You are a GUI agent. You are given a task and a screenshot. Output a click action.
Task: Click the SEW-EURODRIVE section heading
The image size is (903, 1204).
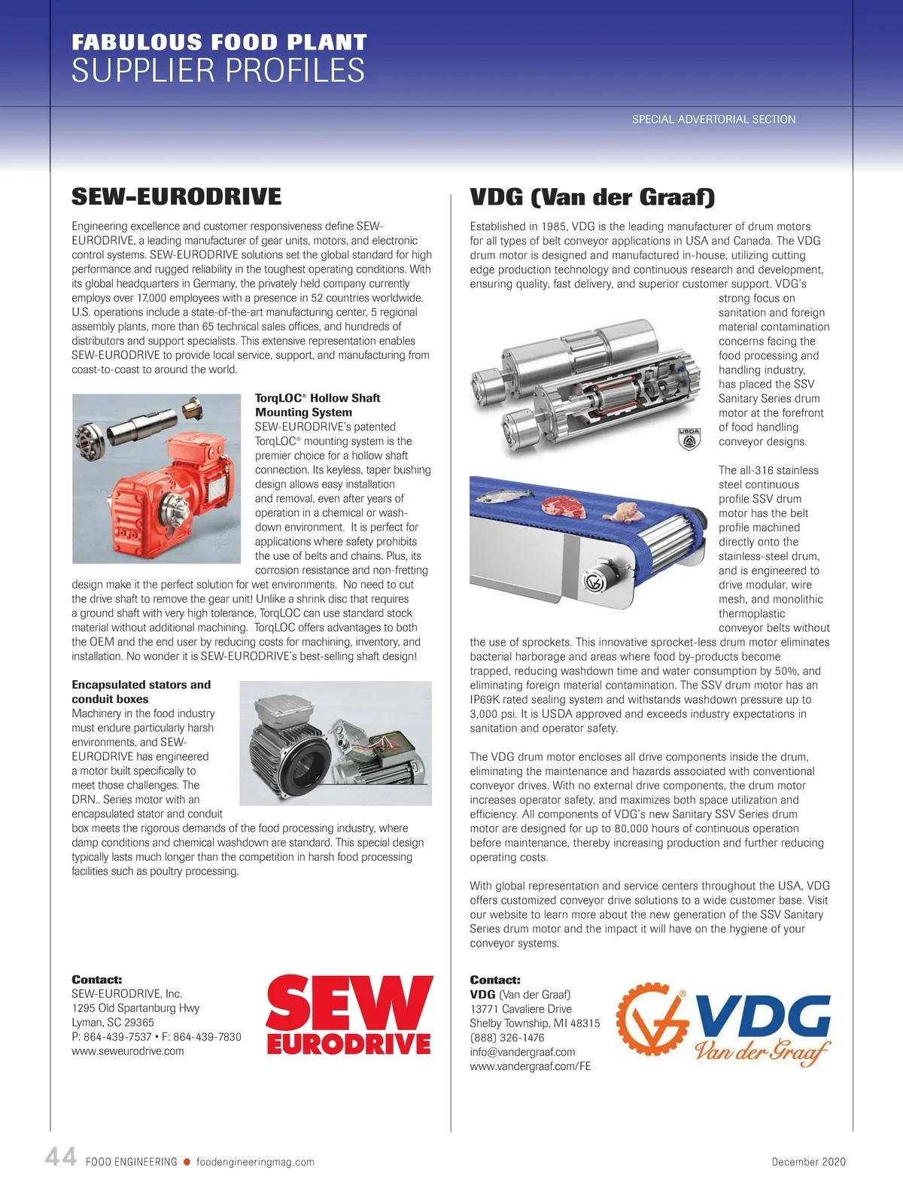tap(176, 197)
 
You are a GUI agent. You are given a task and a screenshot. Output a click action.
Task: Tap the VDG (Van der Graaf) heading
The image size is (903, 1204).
tap(592, 197)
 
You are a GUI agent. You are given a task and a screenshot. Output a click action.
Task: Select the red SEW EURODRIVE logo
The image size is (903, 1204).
tap(349, 1014)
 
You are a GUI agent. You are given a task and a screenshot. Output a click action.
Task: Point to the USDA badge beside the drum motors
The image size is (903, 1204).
tap(689, 439)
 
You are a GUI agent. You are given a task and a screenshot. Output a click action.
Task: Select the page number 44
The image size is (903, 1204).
tap(61, 1157)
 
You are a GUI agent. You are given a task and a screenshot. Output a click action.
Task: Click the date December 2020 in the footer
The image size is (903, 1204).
tap(808, 1162)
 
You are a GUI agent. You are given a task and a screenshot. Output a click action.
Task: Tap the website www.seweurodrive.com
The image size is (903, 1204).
tap(128, 1051)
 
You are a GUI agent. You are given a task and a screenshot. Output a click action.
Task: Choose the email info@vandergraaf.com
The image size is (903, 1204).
tap(522, 1052)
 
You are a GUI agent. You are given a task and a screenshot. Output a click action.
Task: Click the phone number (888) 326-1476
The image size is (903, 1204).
tap(506, 1038)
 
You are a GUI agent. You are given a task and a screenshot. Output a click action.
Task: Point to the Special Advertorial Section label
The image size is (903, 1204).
tap(713, 119)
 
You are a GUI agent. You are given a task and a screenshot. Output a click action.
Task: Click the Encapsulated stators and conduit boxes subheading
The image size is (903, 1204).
tap(141, 692)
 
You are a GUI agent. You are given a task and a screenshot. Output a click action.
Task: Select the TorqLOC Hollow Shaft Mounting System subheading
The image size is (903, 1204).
tap(317, 405)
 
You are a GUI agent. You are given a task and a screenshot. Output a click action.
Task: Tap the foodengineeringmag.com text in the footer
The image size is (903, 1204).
tap(255, 1162)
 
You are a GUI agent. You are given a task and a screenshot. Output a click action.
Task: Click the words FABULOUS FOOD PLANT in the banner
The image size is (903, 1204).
tap(219, 42)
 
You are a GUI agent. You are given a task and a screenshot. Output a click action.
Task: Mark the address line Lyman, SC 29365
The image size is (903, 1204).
tap(113, 1023)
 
